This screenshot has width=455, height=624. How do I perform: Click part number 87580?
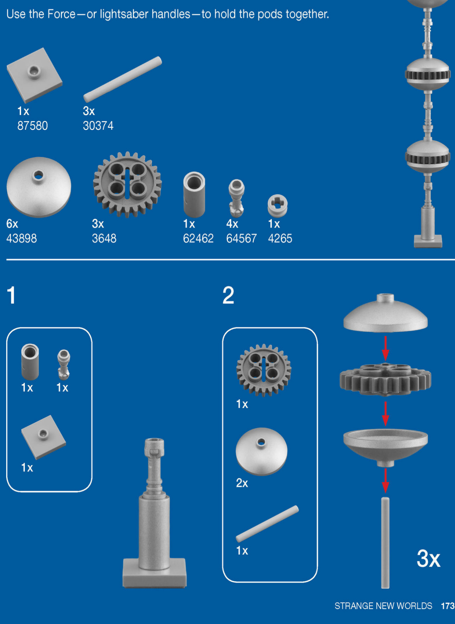pos(33,126)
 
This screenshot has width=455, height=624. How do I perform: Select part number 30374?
pos(98,126)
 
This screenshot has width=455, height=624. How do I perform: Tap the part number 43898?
pos(21,238)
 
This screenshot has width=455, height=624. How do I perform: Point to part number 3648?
pos(104,238)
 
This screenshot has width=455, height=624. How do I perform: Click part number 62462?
pos(198,238)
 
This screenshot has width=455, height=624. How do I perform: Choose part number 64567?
pos(241,238)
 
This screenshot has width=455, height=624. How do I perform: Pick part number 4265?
pos(280,238)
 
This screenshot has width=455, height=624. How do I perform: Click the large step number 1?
pos(11,295)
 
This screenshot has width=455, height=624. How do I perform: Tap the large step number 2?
pos(228,295)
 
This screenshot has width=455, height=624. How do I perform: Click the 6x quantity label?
pos(12,224)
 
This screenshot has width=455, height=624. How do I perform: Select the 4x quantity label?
pos(232,224)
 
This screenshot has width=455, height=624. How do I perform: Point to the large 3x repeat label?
pos(429,558)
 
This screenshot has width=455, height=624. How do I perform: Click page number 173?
pos(448,606)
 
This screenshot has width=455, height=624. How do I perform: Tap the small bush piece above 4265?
pos(278,206)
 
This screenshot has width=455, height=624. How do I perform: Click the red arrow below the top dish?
pos(385,349)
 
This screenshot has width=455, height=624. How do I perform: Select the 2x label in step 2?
pos(242,483)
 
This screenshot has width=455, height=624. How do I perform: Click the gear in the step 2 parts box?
pos(264,370)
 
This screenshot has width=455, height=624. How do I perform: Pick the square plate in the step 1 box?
pos(44,437)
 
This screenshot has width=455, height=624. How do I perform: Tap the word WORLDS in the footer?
pos(414,606)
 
